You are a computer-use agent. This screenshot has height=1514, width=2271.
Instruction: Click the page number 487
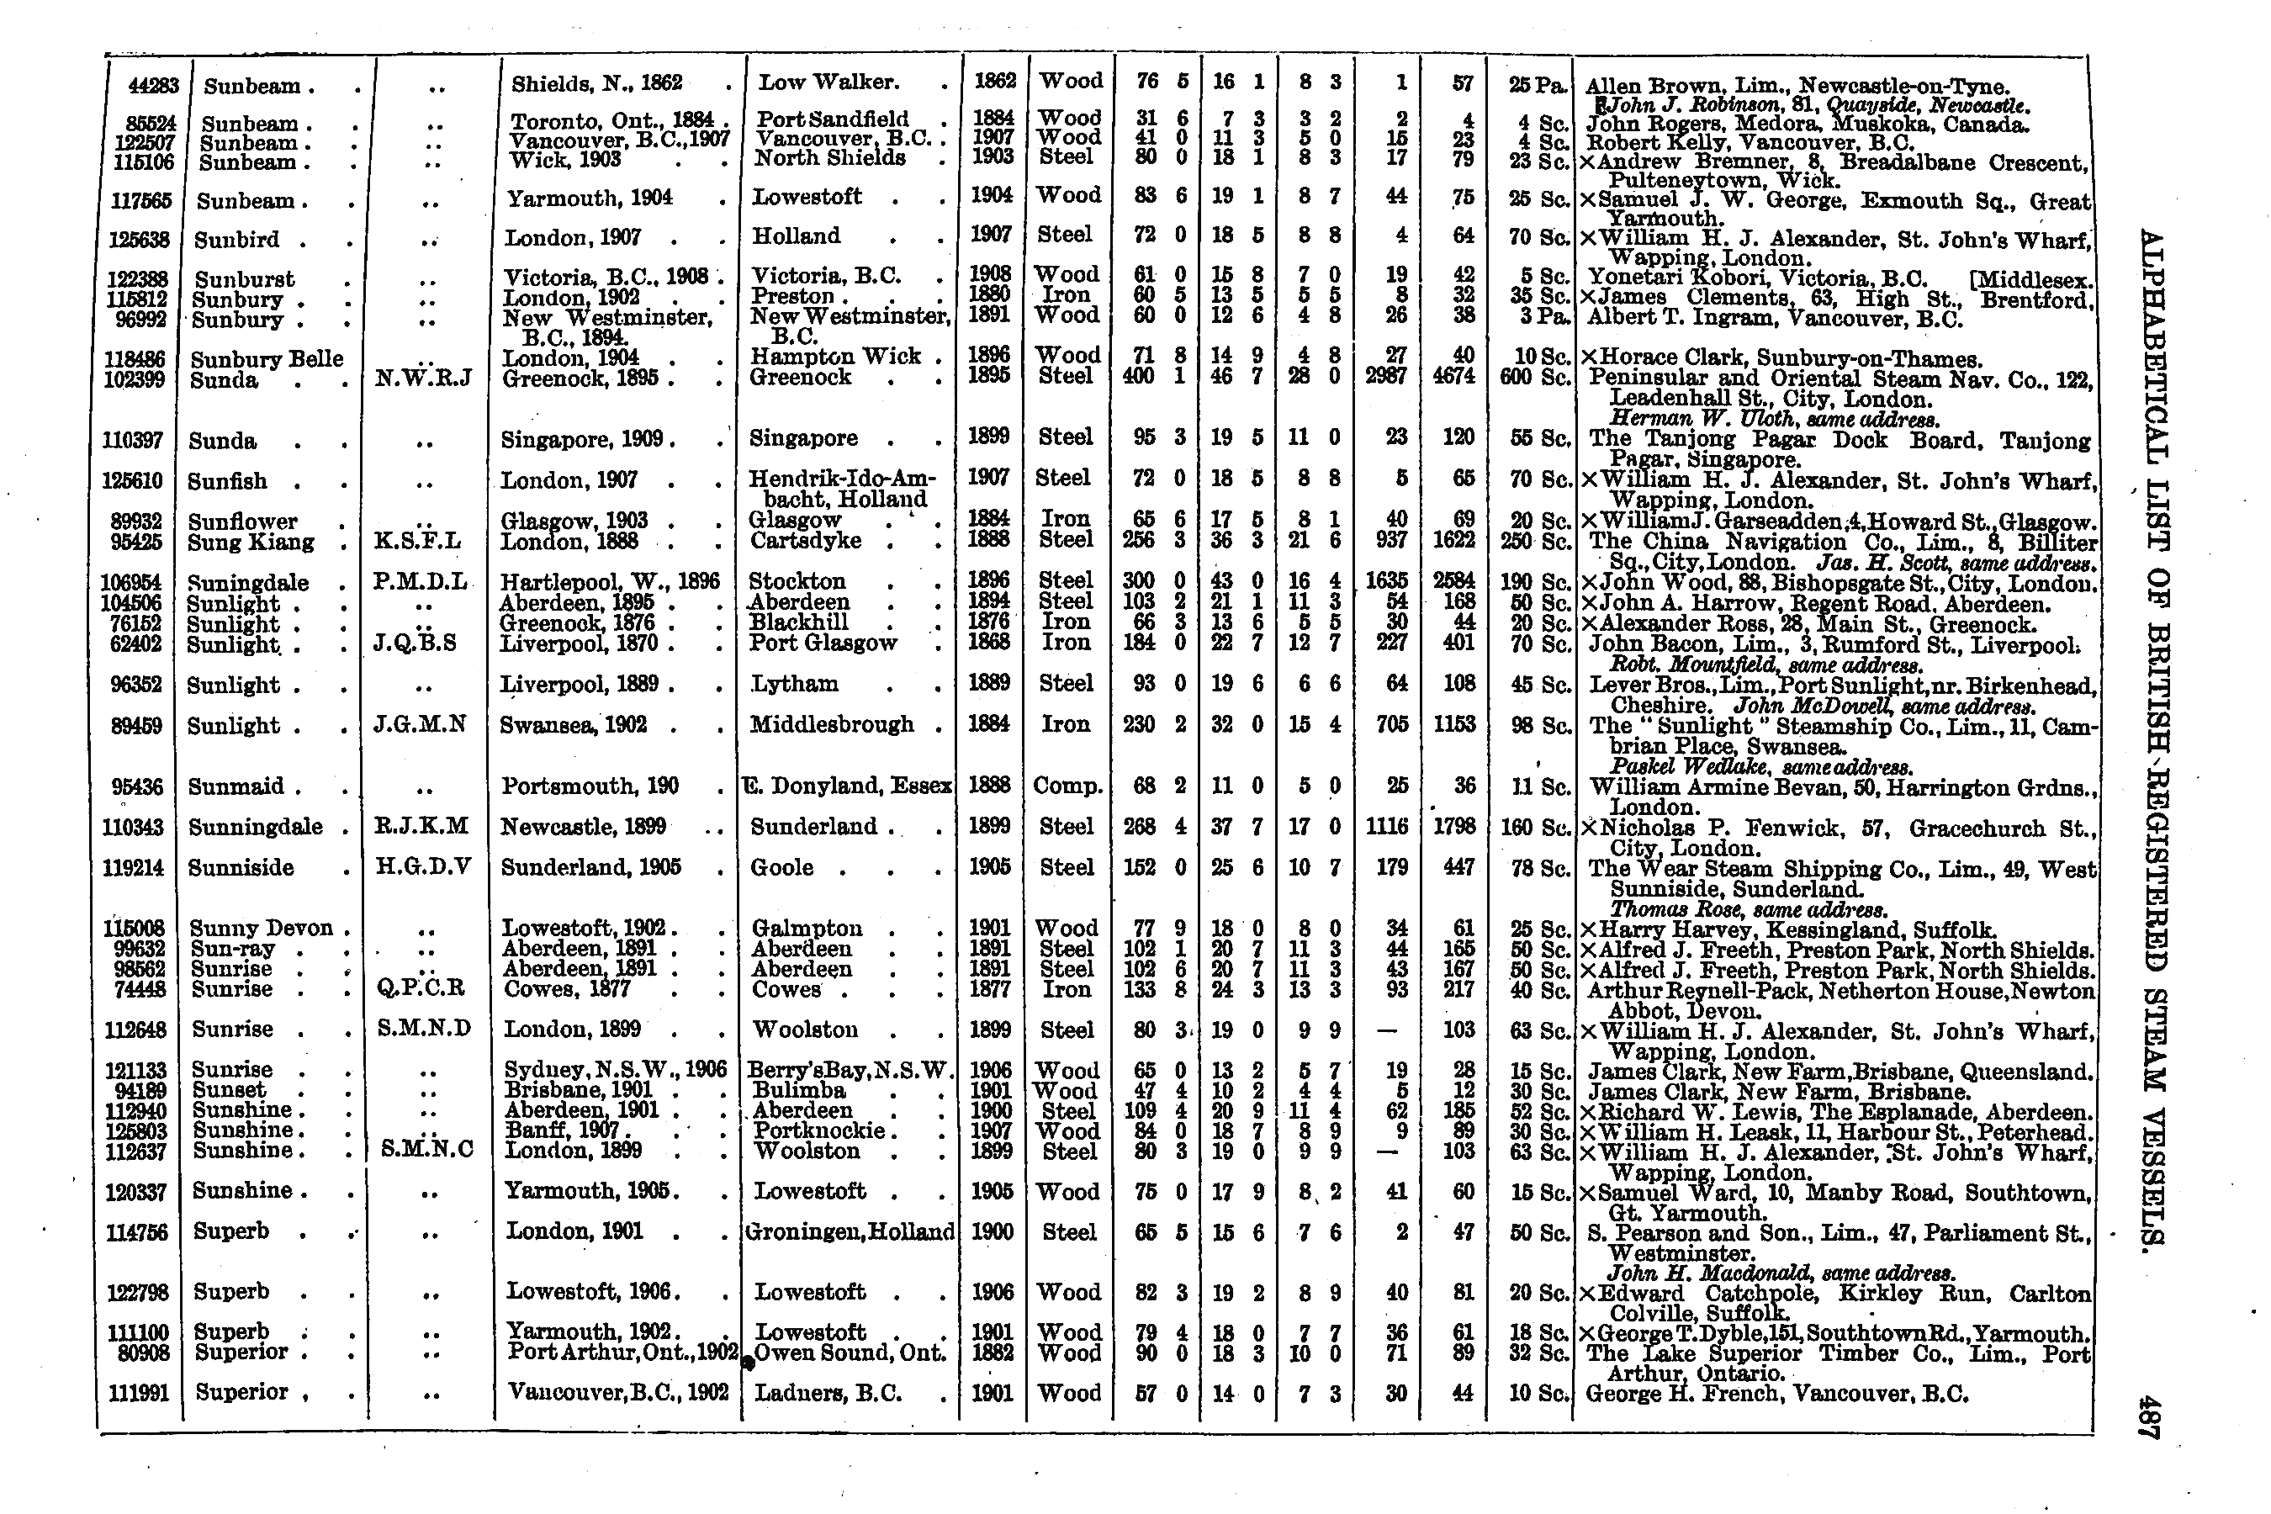click(2151, 1417)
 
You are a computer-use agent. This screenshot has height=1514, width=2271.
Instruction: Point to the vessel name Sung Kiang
click(251, 543)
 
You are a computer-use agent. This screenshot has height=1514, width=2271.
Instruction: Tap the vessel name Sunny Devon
click(261, 929)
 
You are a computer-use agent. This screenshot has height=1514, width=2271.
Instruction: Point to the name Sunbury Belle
click(267, 359)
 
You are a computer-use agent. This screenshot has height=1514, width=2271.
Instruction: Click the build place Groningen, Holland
click(850, 1232)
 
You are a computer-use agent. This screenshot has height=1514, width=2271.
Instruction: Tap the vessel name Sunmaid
click(236, 786)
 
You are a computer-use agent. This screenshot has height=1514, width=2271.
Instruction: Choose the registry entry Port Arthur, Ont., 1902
click(622, 1353)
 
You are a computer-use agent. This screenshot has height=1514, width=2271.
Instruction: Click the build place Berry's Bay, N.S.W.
click(850, 1070)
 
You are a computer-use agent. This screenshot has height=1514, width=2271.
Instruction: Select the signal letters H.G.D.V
click(423, 867)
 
